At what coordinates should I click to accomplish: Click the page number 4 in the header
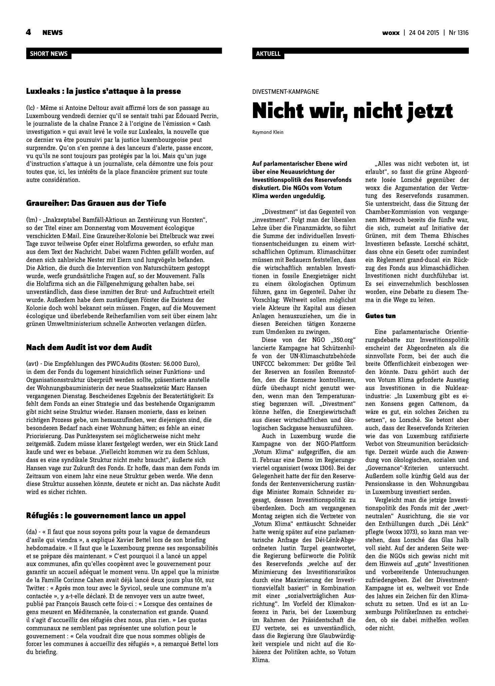[29, 32]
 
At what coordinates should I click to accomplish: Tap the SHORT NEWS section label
[49, 54]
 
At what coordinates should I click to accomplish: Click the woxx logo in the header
[391, 33]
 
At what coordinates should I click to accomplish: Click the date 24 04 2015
[424, 33]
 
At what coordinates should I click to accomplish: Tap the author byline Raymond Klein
[267, 132]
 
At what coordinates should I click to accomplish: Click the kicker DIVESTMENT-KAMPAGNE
[285, 91]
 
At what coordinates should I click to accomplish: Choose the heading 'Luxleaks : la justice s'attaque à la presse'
[104, 91]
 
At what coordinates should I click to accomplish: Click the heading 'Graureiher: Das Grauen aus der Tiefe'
[96, 203]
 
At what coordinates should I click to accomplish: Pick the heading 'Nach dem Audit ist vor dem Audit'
[89, 347]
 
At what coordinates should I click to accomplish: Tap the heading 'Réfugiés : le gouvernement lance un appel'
[106, 516]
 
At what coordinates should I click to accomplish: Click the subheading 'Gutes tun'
[380, 316]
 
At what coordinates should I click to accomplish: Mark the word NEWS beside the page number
[52, 33]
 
